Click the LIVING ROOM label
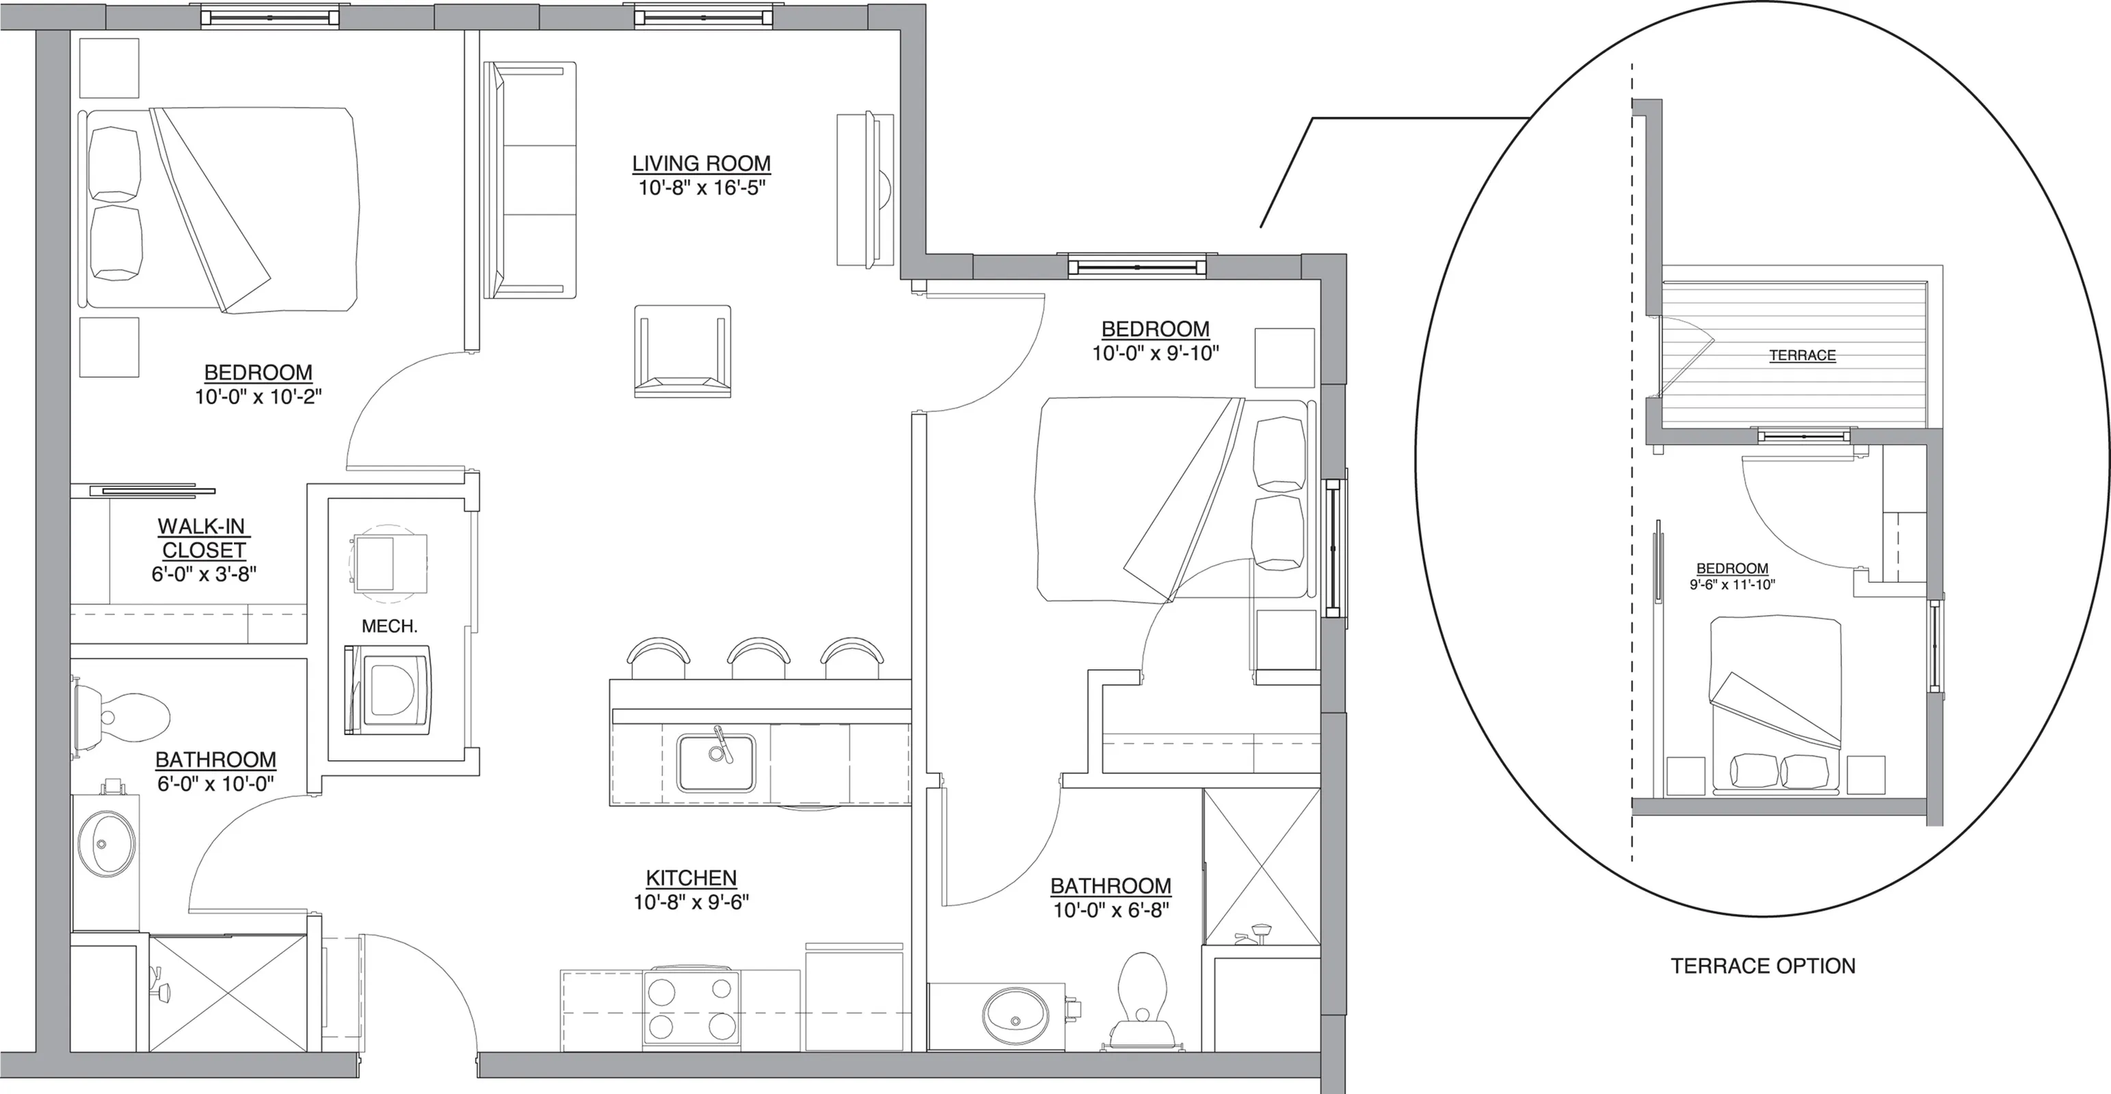click(x=702, y=164)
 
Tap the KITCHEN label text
click(x=691, y=878)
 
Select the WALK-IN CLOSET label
click(x=202, y=537)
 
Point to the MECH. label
click(x=389, y=627)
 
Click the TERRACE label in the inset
click(x=1802, y=356)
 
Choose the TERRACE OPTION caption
click(x=1764, y=966)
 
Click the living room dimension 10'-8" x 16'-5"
click(x=702, y=187)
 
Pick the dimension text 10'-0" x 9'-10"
click(x=1156, y=353)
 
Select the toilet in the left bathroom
click(x=120, y=715)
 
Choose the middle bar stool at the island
click(x=759, y=657)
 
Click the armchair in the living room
click(x=682, y=351)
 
